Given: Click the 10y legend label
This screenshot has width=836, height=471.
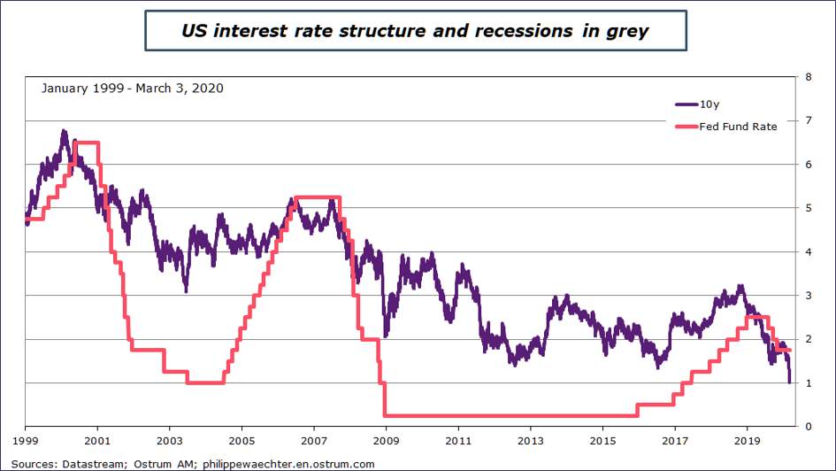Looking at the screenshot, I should pyautogui.click(x=709, y=104).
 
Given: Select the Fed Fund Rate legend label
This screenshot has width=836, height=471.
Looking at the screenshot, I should pyautogui.click(x=738, y=127).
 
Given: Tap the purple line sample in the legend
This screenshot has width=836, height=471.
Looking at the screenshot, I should pyautogui.click(x=686, y=104).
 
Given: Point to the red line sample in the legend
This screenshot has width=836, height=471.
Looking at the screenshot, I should pyautogui.click(x=686, y=127).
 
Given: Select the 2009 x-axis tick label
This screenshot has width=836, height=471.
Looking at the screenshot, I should pyautogui.click(x=386, y=440).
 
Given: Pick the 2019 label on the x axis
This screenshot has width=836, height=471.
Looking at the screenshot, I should pyautogui.click(x=748, y=440).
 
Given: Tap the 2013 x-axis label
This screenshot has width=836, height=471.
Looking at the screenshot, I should pyautogui.click(x=530, y=440).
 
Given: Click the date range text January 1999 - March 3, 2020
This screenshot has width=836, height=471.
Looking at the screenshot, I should pyautogui.click(x=132, y=89).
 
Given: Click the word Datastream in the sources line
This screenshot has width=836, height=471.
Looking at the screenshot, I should pyautogui.click(x=91, y=463).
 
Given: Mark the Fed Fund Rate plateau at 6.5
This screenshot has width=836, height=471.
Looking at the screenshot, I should pyautogui.click(x=86, y=143).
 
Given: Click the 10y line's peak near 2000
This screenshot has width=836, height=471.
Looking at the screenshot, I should pyautogui.click(x=64, y=131).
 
